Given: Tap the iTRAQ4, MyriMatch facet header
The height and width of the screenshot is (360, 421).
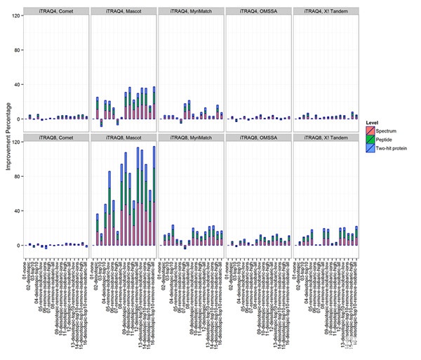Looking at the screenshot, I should pyautogui.click(x=191, y=11).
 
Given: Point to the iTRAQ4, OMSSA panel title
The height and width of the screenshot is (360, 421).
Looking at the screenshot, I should pyautogui.click(x=258, y=11).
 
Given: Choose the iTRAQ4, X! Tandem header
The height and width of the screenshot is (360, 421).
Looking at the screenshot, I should pyautogui.click(x=326, y=11).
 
